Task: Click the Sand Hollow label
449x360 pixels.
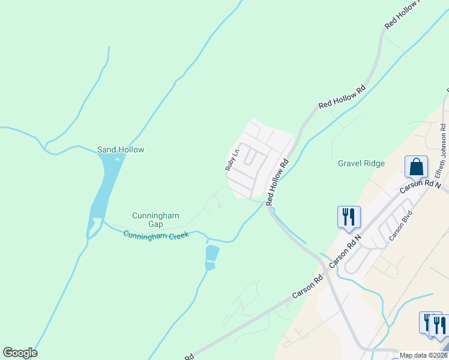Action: (x=121, y=149)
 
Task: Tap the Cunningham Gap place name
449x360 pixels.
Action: (x=155, y=220)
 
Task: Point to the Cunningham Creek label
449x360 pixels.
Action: (x=156, y=235)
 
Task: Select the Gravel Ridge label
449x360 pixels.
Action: (x=361, y=163)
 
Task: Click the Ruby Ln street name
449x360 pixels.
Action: (x=232, y=160)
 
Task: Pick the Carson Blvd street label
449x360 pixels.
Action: (x=401, y=226)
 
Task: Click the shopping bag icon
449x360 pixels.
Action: (x=416, y=167)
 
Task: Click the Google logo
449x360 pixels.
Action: (x=20, y=353)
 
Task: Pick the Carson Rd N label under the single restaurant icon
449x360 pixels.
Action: (x=345, y=251)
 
